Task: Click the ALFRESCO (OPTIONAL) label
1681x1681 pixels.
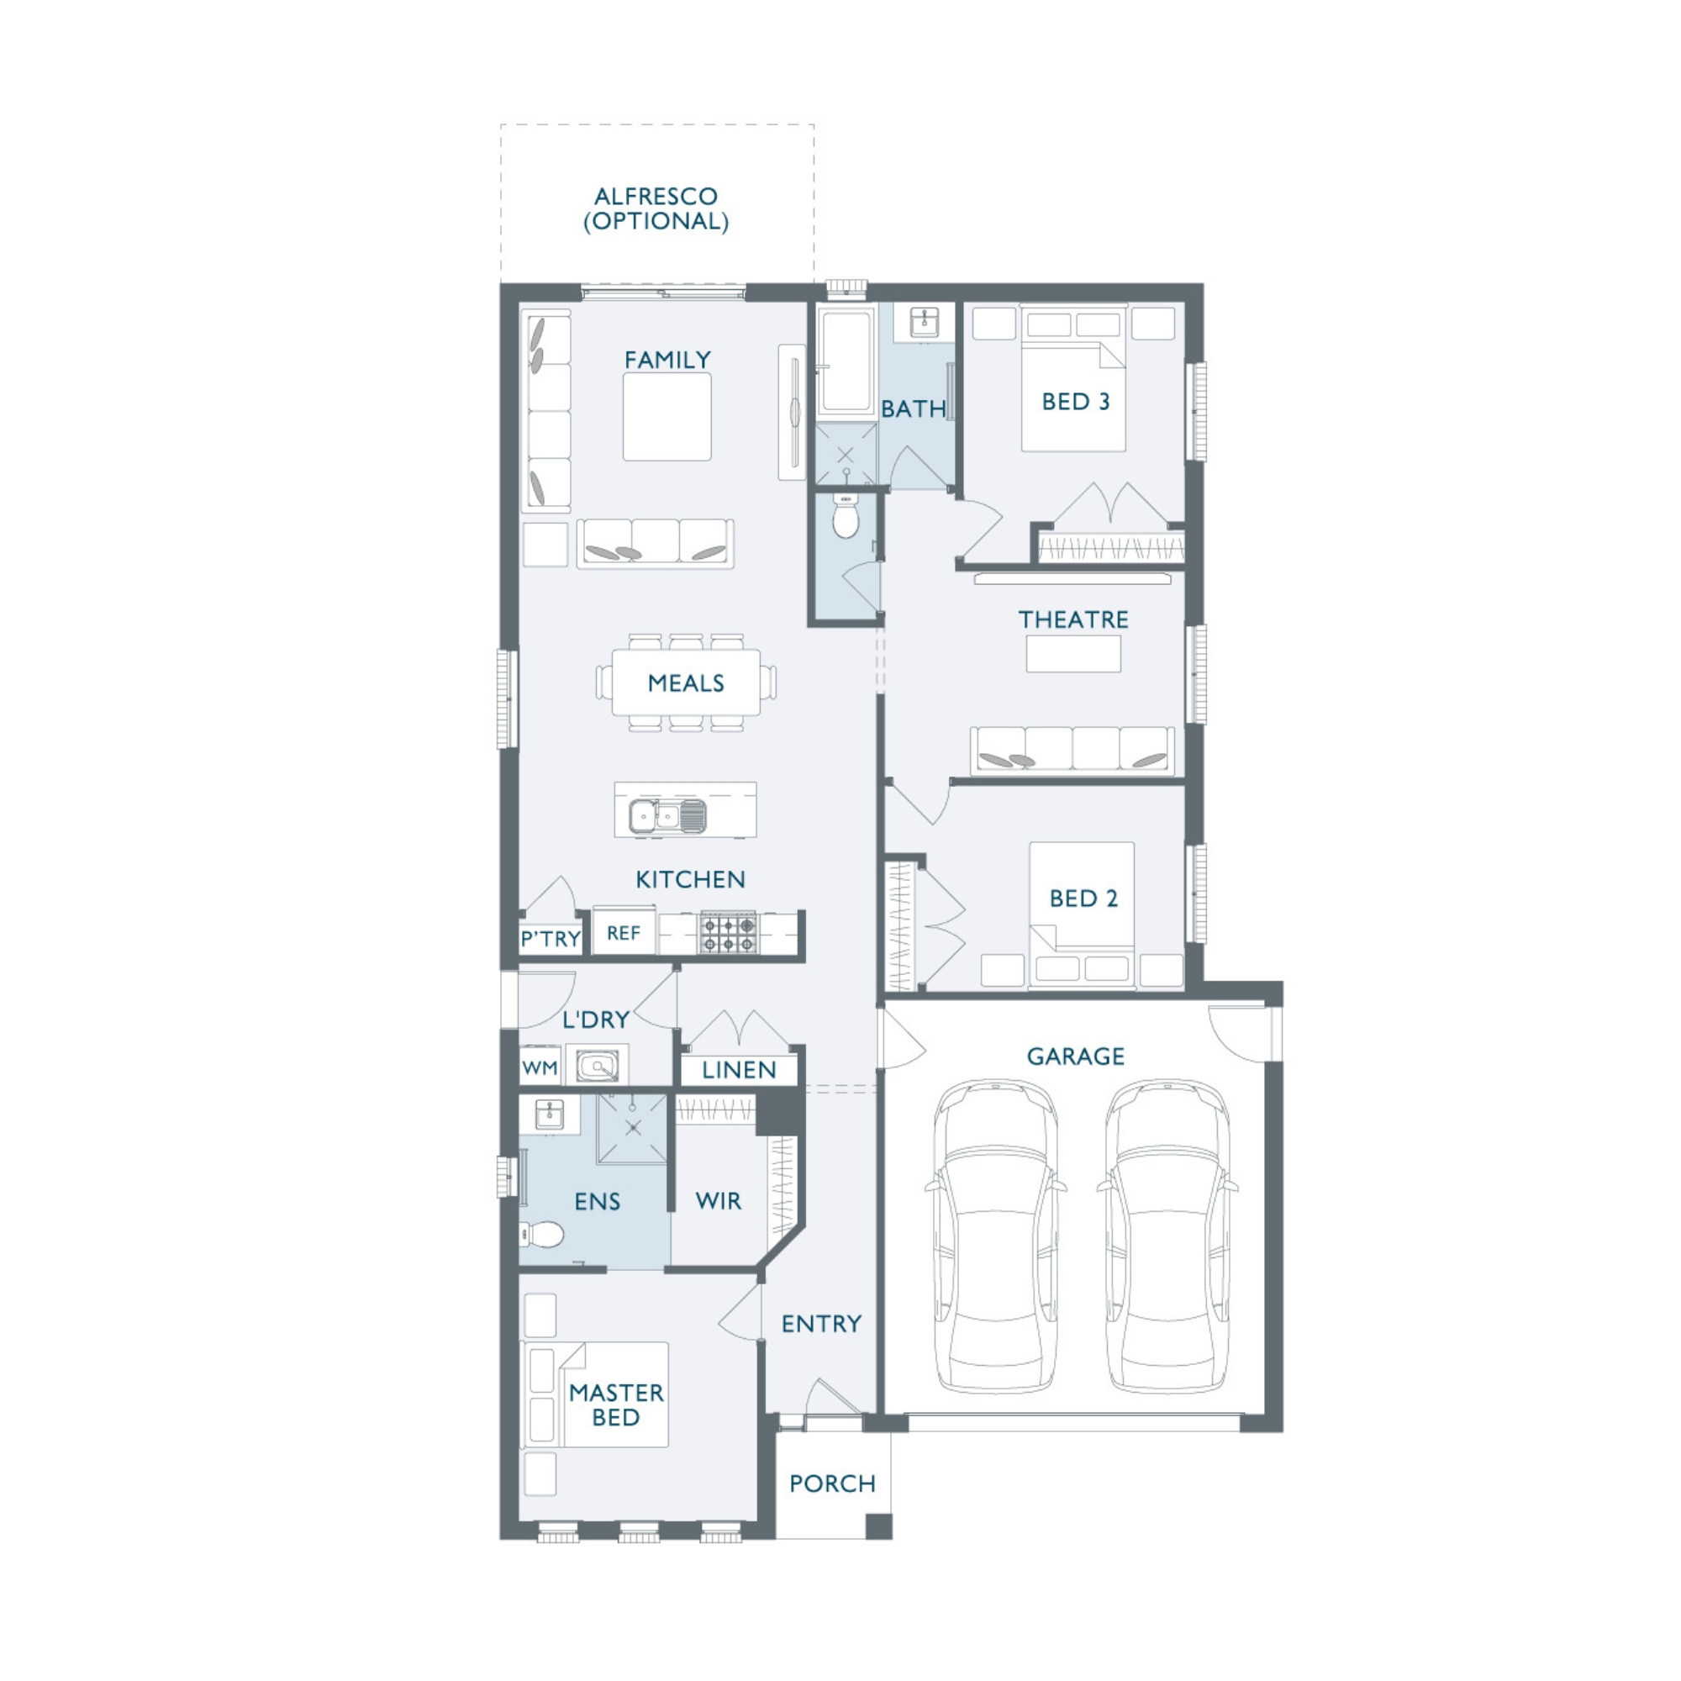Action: (656, 208)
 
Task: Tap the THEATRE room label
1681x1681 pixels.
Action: (1072, 619)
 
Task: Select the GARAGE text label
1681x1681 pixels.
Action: (1076, 1057)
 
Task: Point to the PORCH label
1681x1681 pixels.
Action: (832, 1483)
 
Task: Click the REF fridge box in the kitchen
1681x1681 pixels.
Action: (624, 933)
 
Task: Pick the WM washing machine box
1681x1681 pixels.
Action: (540, 1067)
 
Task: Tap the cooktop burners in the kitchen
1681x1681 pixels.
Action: (729, 933)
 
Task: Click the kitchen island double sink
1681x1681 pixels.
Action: (667, 815)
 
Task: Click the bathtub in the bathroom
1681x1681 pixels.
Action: (845, 360)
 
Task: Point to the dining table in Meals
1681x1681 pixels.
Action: (686, 683)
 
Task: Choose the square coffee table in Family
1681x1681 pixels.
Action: (667, 417)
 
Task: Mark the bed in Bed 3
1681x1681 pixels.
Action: (1072, 377)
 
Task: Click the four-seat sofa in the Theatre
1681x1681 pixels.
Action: (1072, 750)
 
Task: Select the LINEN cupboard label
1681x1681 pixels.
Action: (739, 1070)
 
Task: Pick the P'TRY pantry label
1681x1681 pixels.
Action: (550, 939)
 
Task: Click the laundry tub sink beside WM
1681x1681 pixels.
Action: (597, 1066)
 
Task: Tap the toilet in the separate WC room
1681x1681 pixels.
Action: (845, 515)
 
